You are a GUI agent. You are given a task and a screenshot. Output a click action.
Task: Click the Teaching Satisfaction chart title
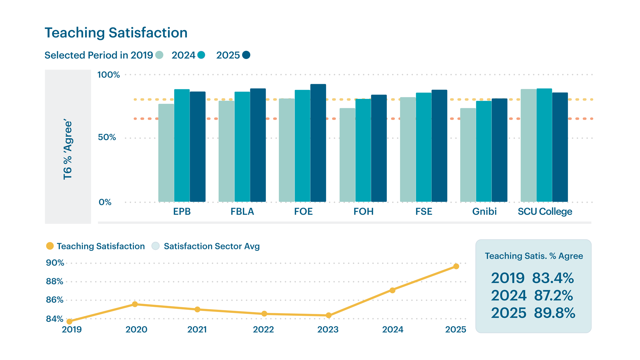tap(116, 33)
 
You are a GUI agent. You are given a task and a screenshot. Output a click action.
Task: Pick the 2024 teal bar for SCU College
tap(544, 145)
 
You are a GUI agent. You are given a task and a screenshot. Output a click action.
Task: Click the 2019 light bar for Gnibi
tap(468, 155)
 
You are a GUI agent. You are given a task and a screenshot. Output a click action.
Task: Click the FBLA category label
tap(242, 212)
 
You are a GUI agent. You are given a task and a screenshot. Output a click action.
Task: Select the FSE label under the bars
tap(424, 212)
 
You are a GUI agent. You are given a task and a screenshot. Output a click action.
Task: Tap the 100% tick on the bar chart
tap(108, 75)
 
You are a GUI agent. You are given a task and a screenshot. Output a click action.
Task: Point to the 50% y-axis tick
tap(107, 137)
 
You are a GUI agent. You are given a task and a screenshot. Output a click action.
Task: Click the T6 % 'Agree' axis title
tap(68, 149)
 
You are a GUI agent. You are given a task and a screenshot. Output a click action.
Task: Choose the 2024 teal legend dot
tap(201, 55)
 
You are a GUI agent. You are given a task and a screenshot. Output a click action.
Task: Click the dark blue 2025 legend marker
tap(246, 55)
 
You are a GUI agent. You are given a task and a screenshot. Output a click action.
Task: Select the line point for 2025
tap(456, 266)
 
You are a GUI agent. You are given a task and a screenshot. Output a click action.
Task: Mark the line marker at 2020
tap(135, 304)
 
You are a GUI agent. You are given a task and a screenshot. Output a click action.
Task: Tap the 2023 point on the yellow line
tap(329, 315)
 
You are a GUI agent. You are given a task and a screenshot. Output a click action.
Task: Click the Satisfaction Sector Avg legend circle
tap(156, 246)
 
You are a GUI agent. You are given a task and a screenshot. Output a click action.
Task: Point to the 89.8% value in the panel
tap(554, 313)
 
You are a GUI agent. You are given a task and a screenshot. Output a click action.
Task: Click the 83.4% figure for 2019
tap(553, 278)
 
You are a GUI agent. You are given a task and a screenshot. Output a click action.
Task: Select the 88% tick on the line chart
tap(54, 282)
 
